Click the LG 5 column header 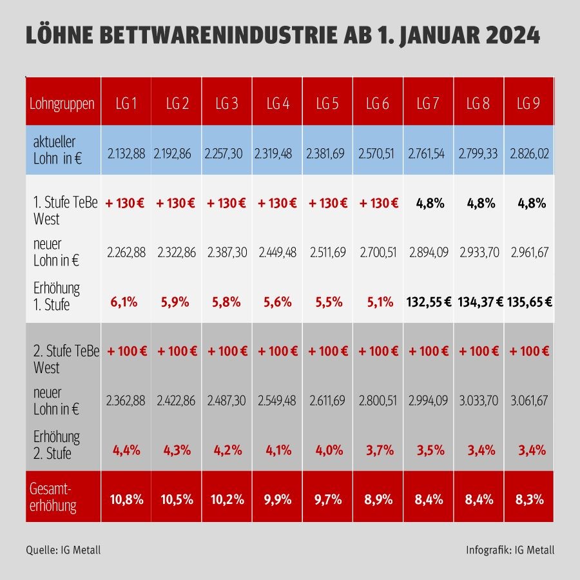pyautogui.click(x=327, y=103)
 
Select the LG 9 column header pyautogui.click(x=528, y=103)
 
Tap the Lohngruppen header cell pyautogui.click(x=63, y=103)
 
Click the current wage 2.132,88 pyautogui.click(x=126, y=154)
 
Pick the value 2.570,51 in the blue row pyautogui.click(x=378, y=154)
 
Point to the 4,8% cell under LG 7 pyautogui.click(x=427, y=204)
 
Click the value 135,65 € pyautogui.click(x=529, y=302)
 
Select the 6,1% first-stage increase pyautogui.click(x=126, y=302)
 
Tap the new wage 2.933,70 pyautogui.click(x=478, y=253)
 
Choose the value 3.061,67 pyautogui.click(x=529, y=401)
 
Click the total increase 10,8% pyautogui.click(x=126, y=499)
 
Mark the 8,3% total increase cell pyautogui.click(x=529, y=499)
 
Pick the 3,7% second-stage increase pyautogui.click(x=378, y=450)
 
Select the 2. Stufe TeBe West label pyautogui.click(x=64, y=359)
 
